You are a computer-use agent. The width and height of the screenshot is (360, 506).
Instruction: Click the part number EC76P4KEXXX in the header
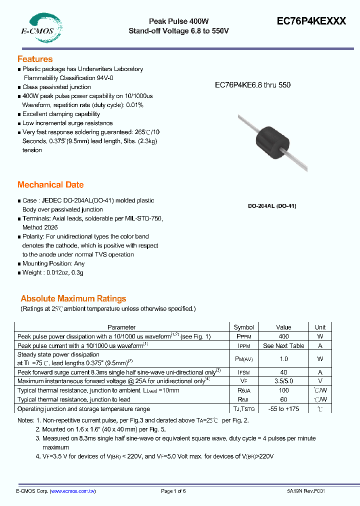311,21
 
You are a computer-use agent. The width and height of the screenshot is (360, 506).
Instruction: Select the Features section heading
35,59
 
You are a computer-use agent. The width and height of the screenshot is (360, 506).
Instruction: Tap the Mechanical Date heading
50,184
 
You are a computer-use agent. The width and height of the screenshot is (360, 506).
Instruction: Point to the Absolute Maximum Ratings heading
73,298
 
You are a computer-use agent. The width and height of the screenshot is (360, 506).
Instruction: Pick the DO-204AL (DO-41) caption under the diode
272,206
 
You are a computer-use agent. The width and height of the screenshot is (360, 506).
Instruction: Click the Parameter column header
121,327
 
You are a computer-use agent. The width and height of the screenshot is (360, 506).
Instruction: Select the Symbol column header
244,327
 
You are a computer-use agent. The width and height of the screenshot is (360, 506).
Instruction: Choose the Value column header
283,327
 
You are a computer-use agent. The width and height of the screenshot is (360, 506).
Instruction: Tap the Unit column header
320,327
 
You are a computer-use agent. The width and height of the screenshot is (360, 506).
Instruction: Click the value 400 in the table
283,336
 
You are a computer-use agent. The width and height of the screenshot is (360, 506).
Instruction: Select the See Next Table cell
283,345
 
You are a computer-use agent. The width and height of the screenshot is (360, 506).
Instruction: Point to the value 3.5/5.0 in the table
283,381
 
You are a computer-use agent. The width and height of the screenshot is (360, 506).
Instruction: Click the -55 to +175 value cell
283,408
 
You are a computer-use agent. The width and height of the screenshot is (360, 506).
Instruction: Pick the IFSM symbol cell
244,372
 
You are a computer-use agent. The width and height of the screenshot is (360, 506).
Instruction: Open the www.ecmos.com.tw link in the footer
73,491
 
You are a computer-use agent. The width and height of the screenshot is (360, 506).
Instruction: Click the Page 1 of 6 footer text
173,491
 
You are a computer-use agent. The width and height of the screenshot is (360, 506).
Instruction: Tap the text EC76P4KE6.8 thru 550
252,85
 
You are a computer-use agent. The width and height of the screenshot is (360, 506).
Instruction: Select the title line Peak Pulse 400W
179,21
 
